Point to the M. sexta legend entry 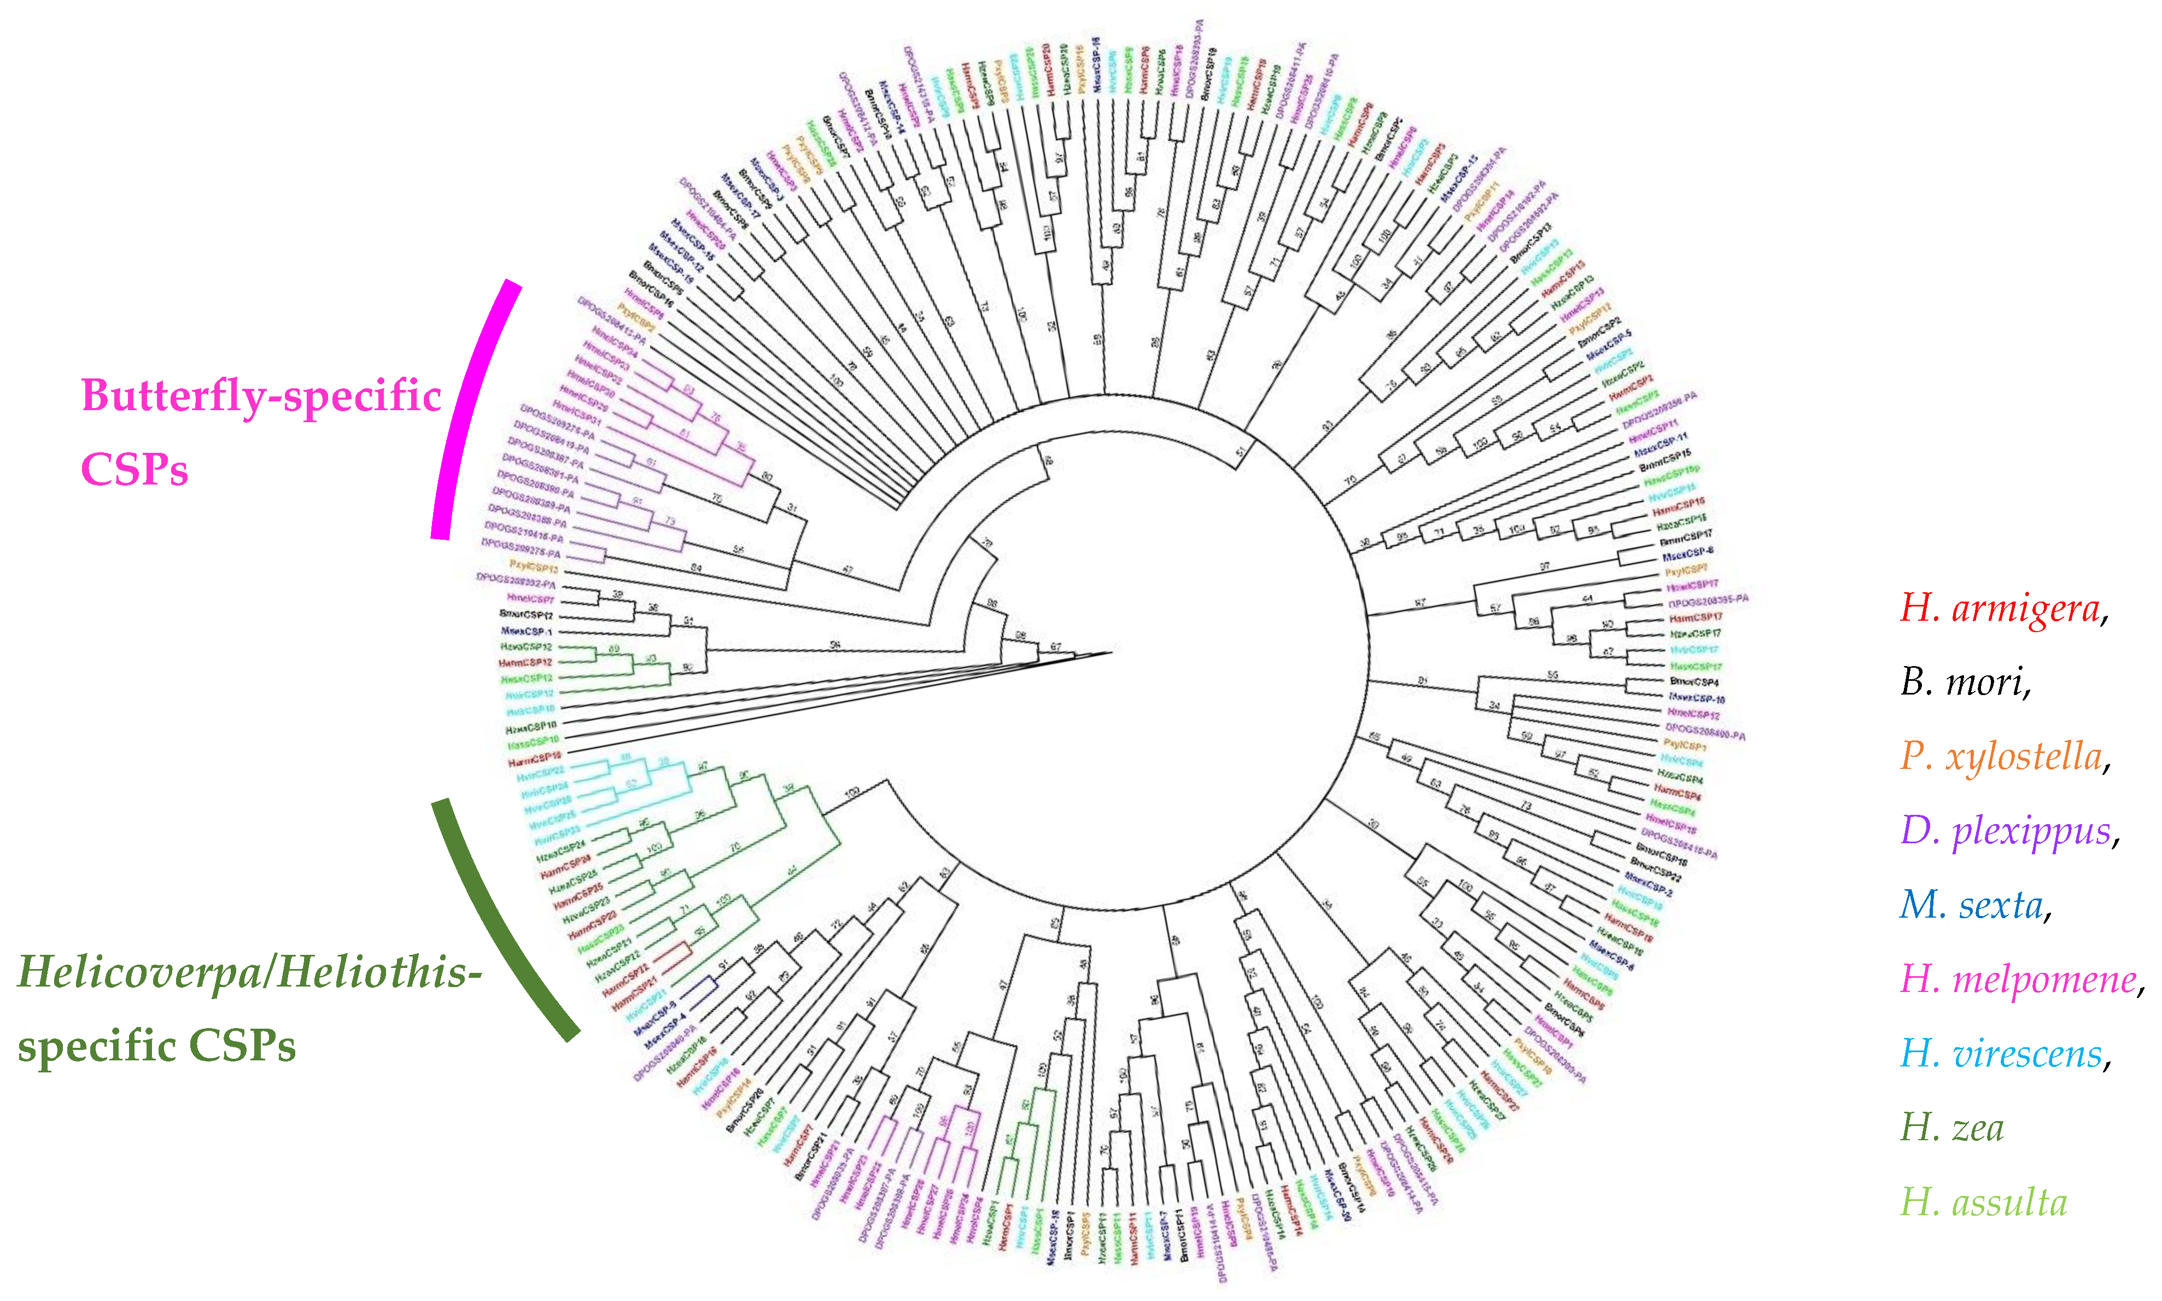click(1971, 905)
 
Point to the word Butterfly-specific click(261, 396)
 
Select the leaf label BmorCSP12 click(526, 615)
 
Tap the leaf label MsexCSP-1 click(526, 631)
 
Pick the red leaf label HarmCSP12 click(525, 663)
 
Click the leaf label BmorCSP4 click(1694, 681)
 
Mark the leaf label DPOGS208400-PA click(1704, 731)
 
